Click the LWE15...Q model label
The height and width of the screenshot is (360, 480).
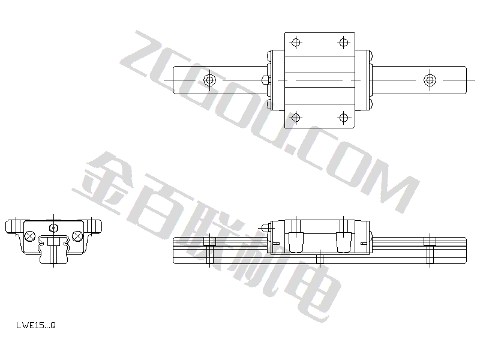[x=36, y=325]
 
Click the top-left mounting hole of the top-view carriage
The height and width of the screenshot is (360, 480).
[x=296, y=42]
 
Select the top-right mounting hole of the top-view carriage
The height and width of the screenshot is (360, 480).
[x=343, y=42]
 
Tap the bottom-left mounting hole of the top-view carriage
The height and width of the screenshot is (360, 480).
[x=296, y=118]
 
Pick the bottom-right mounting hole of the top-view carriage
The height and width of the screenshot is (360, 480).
[x=343, y=118]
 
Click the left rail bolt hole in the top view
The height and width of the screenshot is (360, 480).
[x=209, y=80]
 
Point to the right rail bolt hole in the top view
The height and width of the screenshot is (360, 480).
[x=430, y=80]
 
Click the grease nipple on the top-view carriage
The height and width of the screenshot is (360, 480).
[x=266, y=80]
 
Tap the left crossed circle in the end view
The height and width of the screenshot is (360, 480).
[x=29, y=236]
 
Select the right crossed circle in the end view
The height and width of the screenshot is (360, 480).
[x=77, y=236]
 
